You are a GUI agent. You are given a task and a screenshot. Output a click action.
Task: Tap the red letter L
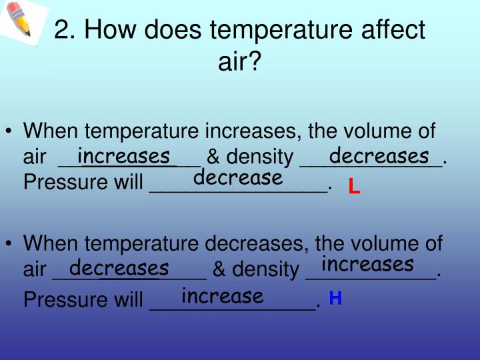[354, 187]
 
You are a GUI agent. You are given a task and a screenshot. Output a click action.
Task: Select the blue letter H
[335, 298]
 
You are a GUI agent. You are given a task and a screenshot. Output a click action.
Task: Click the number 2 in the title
[61, 30]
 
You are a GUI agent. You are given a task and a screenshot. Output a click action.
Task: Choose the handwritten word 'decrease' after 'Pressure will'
[238, 178]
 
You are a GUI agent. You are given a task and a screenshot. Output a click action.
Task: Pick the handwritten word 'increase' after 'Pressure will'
[222, 295]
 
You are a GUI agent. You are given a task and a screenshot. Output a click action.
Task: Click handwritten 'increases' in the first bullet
[124, 156]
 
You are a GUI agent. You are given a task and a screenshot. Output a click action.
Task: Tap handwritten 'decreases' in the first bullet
[379, 156]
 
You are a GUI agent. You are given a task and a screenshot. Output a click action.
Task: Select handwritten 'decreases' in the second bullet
[119, 268]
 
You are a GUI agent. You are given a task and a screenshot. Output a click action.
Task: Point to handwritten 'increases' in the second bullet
[367, 264]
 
